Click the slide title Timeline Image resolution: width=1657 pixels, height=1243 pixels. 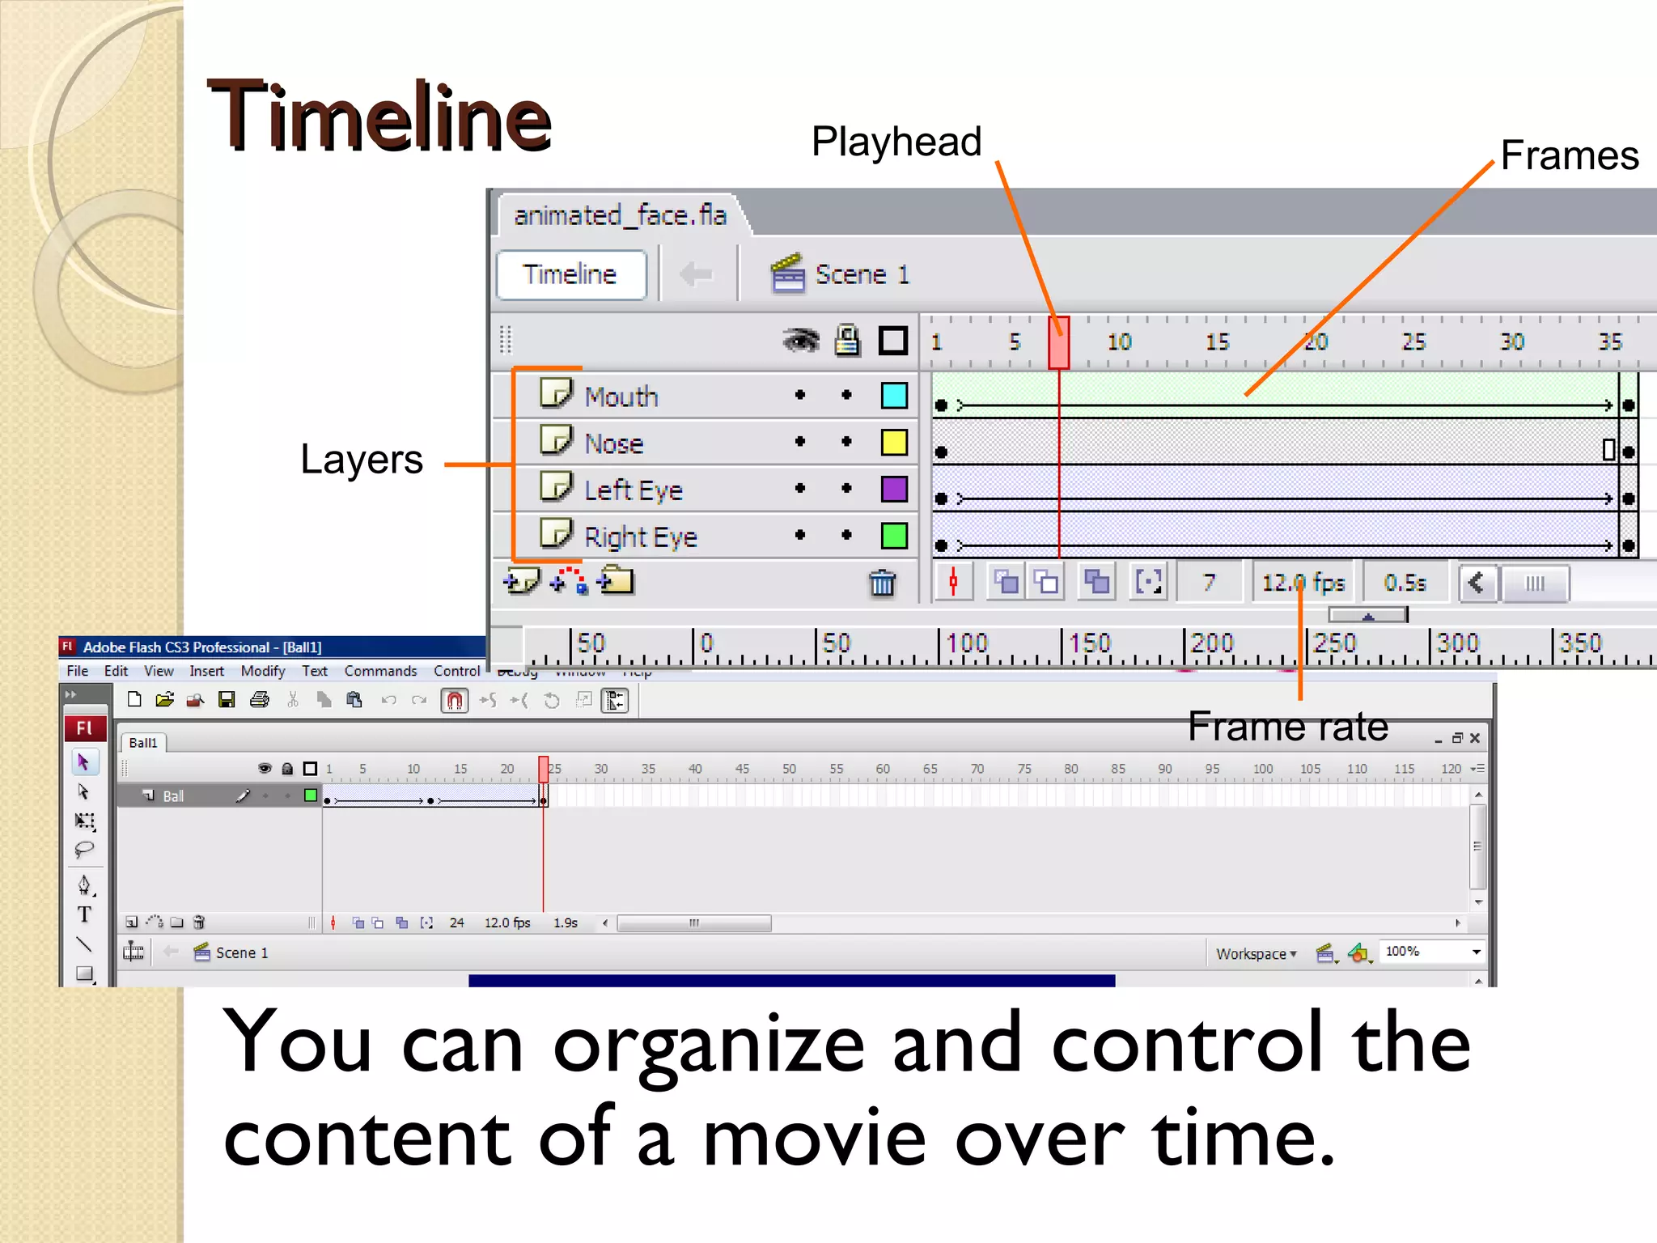(379, 117)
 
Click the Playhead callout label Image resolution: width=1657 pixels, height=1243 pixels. (896, 142)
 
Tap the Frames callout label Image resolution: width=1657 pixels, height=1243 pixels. (1569, 155)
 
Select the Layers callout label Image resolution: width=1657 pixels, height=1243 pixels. (361, 460)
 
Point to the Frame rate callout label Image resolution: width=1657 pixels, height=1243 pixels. (1287, 727)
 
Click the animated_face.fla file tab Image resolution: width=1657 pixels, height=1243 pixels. (621, 215)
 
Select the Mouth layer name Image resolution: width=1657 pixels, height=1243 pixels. (621, 397)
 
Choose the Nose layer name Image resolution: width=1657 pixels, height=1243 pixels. (614, 443)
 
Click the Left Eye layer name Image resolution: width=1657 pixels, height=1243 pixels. (634, 490)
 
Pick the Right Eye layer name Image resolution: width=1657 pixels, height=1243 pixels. (641, 537)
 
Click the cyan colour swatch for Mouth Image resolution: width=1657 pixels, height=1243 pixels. (894, 396)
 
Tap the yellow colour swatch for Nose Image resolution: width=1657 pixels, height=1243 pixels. (894, 443)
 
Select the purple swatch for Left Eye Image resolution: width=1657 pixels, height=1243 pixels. (894, 490)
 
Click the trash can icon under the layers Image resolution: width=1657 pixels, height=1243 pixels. (882, 583)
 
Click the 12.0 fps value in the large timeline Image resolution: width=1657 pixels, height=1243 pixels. (1303, 583)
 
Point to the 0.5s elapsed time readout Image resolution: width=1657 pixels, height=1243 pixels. (1405, 583)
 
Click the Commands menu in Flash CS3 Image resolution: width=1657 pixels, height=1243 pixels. (380, 671)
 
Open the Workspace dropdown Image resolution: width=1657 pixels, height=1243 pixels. (1256, 953)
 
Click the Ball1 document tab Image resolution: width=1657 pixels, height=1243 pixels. (143, 743)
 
